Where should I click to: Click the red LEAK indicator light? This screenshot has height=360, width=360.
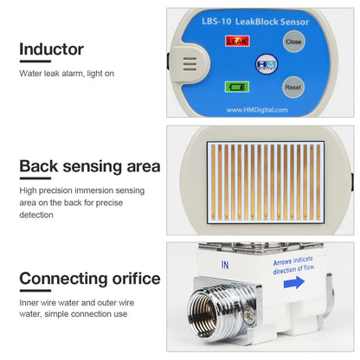coord(235,40)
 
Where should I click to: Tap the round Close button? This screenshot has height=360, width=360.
coord(293,41)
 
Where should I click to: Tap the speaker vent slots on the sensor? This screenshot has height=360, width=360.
coord(191,64)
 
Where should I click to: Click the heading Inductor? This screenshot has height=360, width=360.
coord(51,49)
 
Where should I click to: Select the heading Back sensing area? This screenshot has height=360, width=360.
coord(89,166)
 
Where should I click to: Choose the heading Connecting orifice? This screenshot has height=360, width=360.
coord(89,279)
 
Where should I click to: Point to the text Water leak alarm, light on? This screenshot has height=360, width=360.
coord(67,74)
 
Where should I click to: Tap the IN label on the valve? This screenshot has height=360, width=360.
coord(225,265)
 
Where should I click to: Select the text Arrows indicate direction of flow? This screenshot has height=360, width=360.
coord(294,265)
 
